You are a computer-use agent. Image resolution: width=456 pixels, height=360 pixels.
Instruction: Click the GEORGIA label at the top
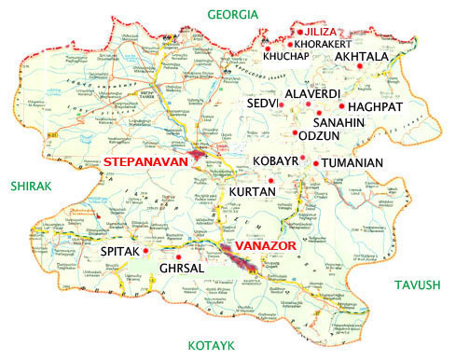[233, 14]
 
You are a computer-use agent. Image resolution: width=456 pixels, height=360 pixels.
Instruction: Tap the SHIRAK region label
[34, 187]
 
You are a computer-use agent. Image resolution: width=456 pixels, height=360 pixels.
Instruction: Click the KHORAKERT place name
[325, 44]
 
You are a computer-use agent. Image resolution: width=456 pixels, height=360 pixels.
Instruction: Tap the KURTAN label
[250, 191]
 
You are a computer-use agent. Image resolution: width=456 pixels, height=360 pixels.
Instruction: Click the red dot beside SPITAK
[146, 251]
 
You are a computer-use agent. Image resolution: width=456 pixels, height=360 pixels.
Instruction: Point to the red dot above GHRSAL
[177, 256]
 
